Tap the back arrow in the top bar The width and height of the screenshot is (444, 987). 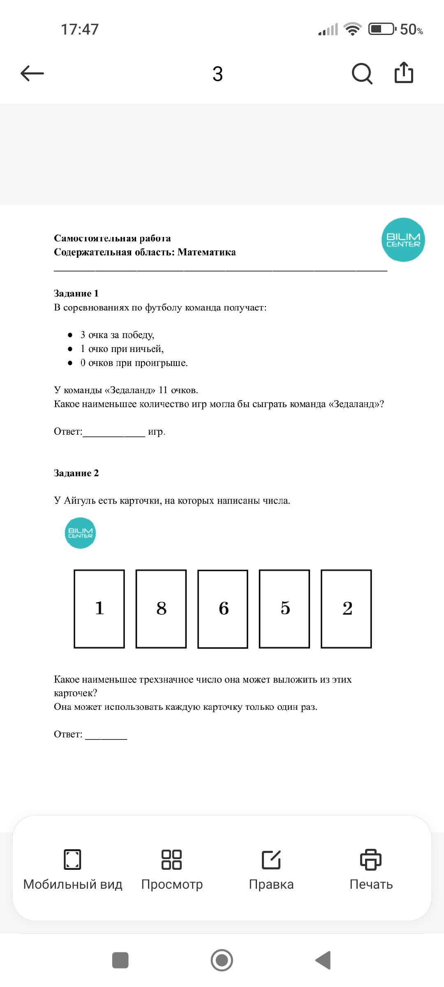(32, 74)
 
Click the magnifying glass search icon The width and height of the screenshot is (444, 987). (362, 74)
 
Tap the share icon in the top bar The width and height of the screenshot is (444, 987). (404, 73)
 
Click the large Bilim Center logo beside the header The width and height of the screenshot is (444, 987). (403, 240)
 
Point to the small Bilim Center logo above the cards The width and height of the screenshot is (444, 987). (80, 533)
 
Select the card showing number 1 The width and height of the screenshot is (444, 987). (99, 609)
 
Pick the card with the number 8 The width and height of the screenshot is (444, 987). (161, 609)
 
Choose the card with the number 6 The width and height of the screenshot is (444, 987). (223, 609)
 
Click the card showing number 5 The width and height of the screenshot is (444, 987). (284, 609)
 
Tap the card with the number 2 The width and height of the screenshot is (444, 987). (346, 609)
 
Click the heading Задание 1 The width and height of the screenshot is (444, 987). (76, 293)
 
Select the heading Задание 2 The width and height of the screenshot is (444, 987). (76, 473)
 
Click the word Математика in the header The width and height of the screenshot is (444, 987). (206, 252)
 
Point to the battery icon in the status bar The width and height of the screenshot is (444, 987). (382, 29)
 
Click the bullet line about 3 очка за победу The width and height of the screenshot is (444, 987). (117, 335)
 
